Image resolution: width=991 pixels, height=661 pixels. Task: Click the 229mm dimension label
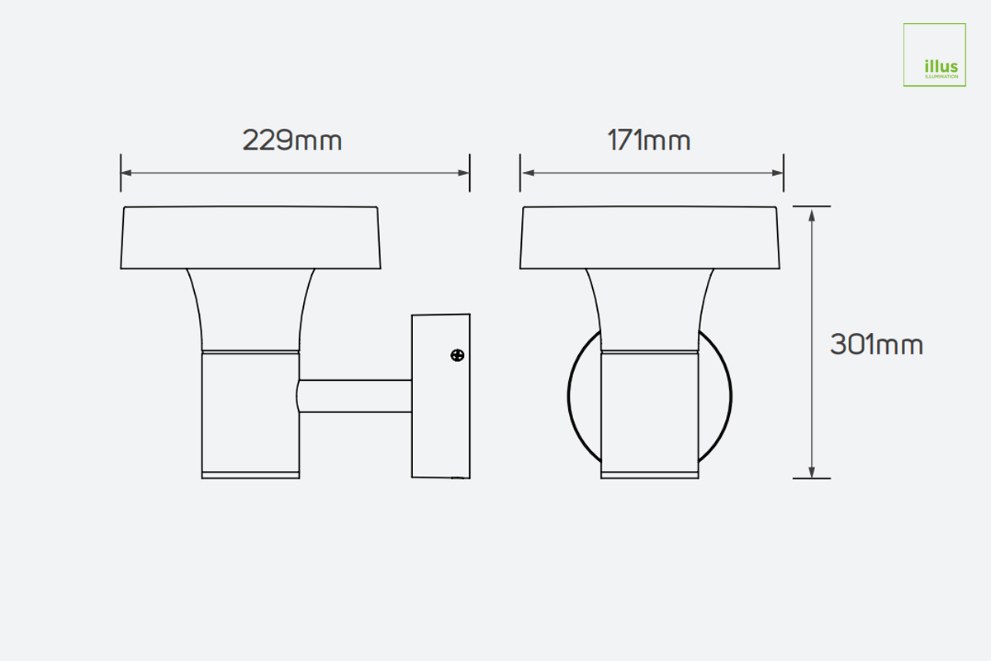(292, 140)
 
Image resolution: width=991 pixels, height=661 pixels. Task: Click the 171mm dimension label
(649, 140)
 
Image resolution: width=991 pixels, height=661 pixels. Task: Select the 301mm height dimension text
(876, 345)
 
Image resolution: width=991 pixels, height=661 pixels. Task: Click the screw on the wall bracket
(457, 355)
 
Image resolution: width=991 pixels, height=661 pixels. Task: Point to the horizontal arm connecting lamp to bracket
(355, 397)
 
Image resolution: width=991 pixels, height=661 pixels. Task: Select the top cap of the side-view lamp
(251, 237)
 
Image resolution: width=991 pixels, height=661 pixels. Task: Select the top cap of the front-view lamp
(650, 237)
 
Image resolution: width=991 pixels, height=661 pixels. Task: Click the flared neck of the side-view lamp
(250, 310)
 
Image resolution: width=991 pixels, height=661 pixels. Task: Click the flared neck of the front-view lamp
(650, 310)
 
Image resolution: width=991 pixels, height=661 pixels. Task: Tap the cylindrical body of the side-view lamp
(250, 413)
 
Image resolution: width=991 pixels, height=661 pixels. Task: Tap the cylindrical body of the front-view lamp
(650, 413)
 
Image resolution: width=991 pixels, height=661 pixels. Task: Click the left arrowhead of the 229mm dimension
(126, 174)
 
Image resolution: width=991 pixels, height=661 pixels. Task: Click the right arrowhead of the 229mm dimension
(464, 174)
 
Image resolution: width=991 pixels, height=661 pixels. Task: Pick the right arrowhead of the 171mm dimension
(778, 174)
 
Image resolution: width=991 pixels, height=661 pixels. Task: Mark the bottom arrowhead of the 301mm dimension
(813, 472)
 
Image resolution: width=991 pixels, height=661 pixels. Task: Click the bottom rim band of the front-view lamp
(650, 475)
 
